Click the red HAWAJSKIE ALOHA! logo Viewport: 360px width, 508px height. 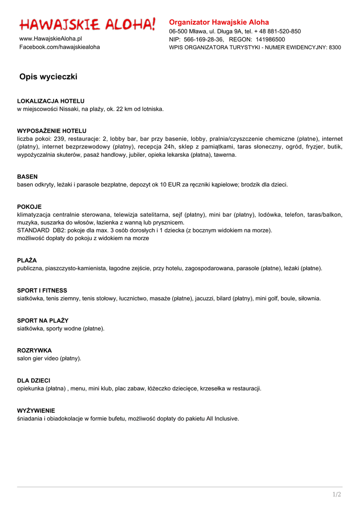coord(87,24)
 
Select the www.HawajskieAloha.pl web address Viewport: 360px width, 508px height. coord(51,39)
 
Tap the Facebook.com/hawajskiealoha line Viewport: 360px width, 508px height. coord(60,47)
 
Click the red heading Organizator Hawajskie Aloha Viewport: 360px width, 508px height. coord(219,22)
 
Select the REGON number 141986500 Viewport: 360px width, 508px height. coord(270,39)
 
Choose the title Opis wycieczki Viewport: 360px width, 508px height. coord(48,77)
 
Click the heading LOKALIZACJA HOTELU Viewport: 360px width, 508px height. coord(51,101)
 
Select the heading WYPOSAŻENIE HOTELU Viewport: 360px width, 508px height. coord(52,131)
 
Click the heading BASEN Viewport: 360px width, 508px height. coord(27,177)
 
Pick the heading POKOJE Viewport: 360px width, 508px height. coord(29,207)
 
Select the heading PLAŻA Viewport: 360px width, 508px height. coord(27,260)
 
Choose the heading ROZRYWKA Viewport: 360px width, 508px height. coord(34,350)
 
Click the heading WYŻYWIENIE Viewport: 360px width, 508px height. coord(36,411)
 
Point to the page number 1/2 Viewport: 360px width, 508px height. coord(337,494)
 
